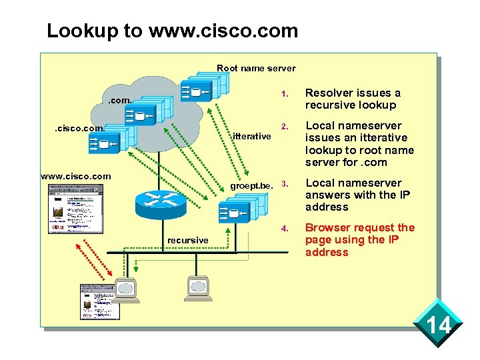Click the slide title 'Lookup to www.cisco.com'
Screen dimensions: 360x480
[172, 31]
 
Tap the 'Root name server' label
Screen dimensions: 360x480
[256, 68]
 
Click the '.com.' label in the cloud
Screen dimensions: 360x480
[121, 101]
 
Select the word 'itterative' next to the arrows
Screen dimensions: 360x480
[251, 136]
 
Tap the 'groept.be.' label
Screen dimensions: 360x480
[252, 185]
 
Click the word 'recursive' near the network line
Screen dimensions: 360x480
[187, 240]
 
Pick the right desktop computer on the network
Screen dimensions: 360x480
[199, 287]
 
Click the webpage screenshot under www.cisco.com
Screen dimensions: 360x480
[75, 207]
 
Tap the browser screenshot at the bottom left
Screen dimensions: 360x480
[99, 301]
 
